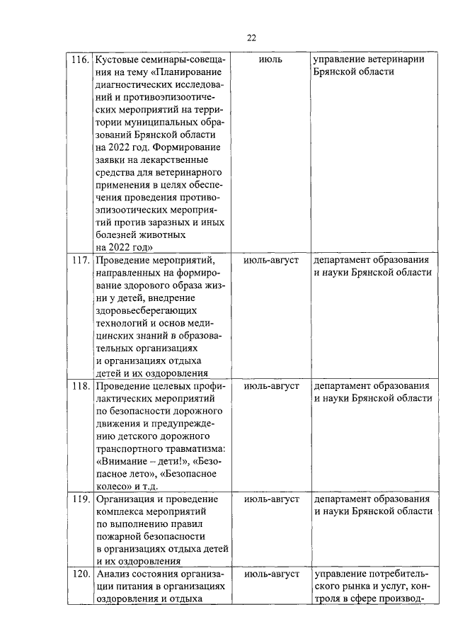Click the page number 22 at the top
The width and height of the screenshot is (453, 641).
[251, 38]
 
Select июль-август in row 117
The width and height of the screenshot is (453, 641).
[270, 260]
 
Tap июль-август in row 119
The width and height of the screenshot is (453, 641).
[270, 499]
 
